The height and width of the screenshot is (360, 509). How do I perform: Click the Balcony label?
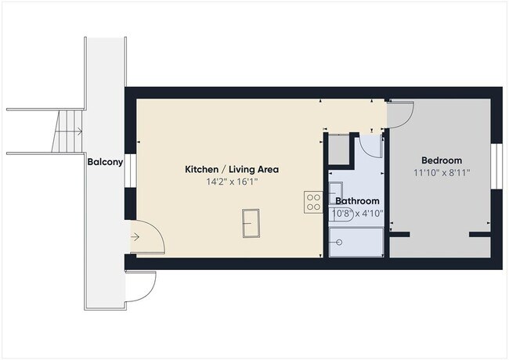click(104, 163)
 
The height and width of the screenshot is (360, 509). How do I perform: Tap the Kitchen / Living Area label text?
click(231, 169)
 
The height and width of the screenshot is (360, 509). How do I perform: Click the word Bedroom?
click(442, 160)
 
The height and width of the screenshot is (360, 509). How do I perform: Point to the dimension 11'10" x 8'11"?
click(442, 172)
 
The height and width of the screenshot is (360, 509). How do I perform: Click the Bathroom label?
click(357, 201)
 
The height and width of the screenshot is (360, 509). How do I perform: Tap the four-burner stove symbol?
click(313, 202)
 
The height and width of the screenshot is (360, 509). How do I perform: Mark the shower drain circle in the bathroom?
click(339, 242)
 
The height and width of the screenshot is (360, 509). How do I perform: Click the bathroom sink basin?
click(335, 189)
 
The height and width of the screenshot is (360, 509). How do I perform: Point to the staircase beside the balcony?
click(69, 131)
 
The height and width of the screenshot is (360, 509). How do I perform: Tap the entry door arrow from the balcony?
click(135, 236)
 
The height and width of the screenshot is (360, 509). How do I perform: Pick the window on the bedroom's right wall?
click(496, 167)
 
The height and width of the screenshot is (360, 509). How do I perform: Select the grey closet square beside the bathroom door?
click(338, 148)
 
